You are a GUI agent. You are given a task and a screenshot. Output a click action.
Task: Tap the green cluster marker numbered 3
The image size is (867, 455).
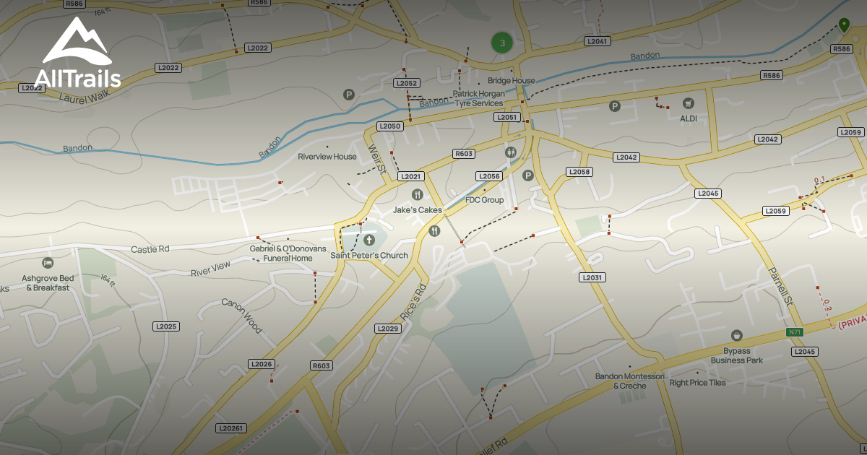(502, 43)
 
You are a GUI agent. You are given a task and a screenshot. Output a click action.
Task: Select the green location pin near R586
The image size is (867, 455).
(843, 26)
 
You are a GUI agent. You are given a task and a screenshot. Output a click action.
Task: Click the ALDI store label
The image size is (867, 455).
(689, 118)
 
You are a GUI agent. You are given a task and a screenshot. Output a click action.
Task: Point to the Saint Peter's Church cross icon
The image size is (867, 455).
(369, 239)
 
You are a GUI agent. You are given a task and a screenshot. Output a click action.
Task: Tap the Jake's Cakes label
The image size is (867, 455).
(417, 210)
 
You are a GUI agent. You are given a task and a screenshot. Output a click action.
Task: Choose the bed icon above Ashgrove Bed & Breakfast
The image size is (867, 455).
(48, 262)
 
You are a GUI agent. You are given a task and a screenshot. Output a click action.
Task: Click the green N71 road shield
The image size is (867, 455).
(795, 332)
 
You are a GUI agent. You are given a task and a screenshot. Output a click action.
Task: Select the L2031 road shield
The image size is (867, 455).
(592, 277)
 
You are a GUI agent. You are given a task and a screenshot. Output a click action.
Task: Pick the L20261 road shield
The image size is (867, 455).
(230, 428)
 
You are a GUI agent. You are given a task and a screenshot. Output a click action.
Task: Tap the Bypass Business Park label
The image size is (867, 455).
(736, 355)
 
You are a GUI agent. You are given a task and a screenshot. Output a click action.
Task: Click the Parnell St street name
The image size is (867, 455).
(781, 285)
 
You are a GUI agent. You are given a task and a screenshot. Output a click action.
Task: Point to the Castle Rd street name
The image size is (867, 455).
(150, 249)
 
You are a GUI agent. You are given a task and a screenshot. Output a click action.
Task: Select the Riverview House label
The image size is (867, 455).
(327, 157)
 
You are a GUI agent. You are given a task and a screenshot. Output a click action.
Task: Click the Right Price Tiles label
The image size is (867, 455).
(697, 383)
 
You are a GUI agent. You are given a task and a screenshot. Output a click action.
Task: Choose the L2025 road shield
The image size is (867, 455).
(165, 326)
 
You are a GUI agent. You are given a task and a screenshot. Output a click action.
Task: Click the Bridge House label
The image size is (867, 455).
(512, 81)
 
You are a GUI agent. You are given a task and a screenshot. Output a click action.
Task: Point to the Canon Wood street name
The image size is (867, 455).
(241, 316)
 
